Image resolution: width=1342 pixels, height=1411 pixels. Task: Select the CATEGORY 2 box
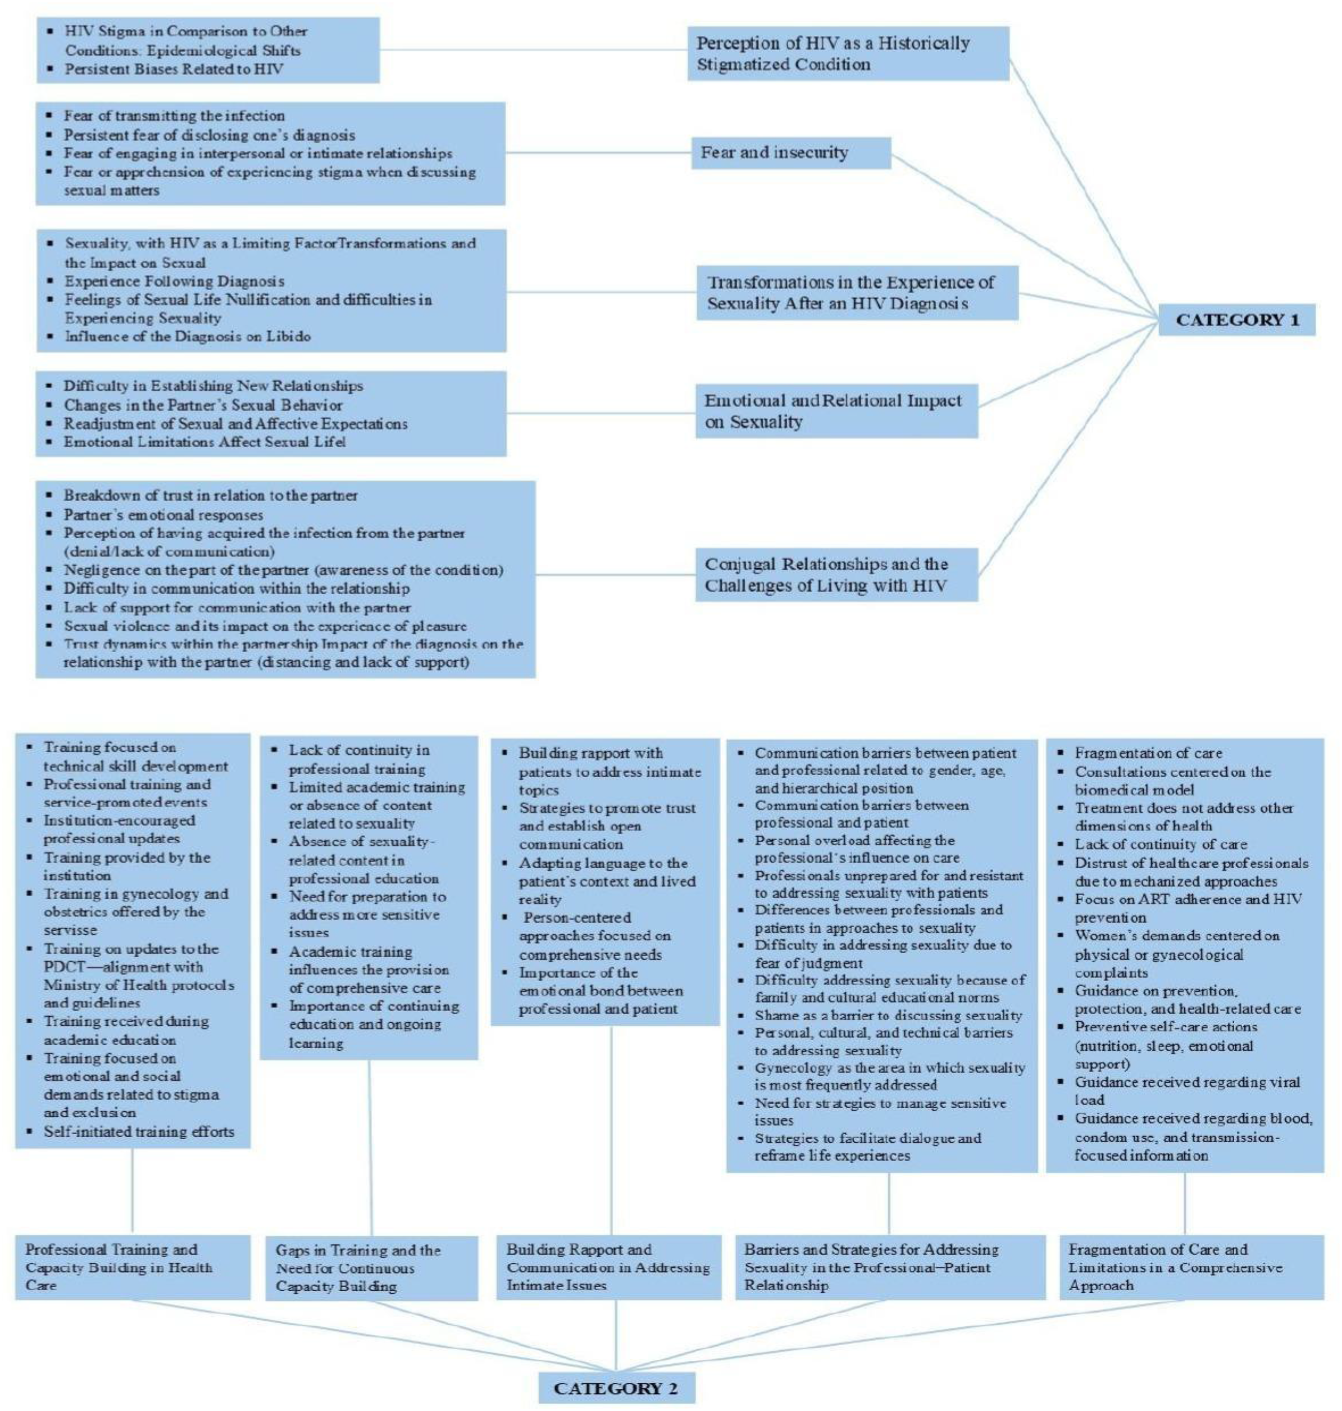point(616,1388)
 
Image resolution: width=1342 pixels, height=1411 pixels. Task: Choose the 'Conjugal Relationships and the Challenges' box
point(836,574)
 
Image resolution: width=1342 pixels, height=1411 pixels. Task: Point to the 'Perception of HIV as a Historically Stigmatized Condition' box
point(848,54)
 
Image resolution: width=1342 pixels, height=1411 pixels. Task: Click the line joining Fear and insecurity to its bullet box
point(598,152)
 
